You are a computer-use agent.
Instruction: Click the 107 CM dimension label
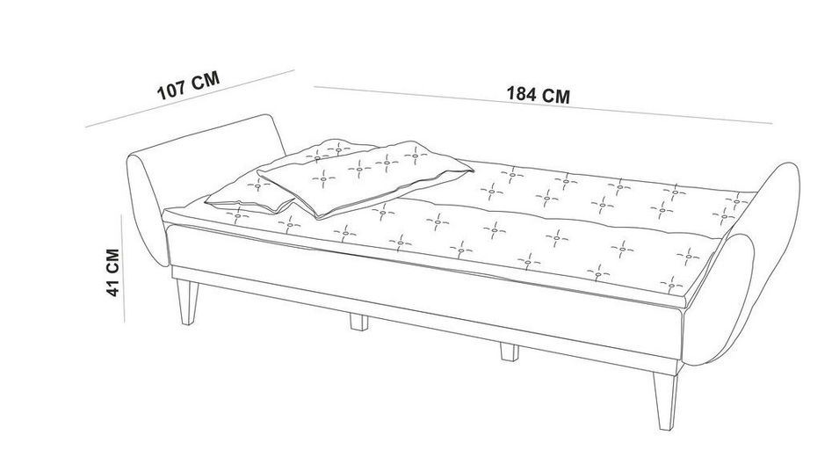pyautogui.click(x=186, y=86)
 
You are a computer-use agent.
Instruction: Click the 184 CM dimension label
pyautogui.click(x=538, y=95)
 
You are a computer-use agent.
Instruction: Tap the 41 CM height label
pyautogui.click(x=112, y=272)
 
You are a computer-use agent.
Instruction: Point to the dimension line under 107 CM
pyautogui.click(x=188, y=98)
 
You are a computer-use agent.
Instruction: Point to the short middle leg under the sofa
pyautogui.click(x=358, y=320)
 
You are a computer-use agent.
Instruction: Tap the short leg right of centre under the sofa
pyautogui.click(x=508, y=352)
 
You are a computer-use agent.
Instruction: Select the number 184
pyautogui.click(x=522, y=93)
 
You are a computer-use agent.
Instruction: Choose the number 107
pyautogui.click(x=171, y=89)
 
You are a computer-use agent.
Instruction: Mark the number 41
pyautogui.click(x=112, y=287)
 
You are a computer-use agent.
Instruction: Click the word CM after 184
pyautogui.click(x=555, y=96)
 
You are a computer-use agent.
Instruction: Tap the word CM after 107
pyautogui.click(x=205, y=82)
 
